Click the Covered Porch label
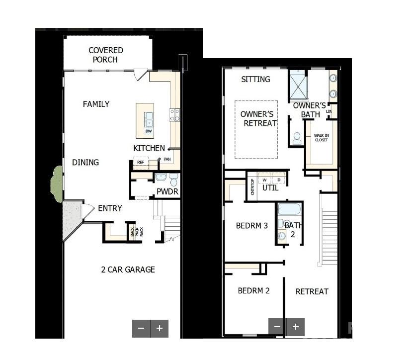pyautogui.click(x=106, y=55)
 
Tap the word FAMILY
pyautogui.click(x=96, y=104)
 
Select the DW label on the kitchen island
pyautogui.click(x=148, y=131)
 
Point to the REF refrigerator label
pyautogui.click(x=140, y=162)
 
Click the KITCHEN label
pyautogui.click(x=149, y=148)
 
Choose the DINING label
pyautogui.click(x=85, y=162)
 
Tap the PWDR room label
pyautogui.click(x=167, y=191)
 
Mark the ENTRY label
pyautogui.click(x=110, y=208)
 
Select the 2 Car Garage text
pyautogui.click(x=128, y=270)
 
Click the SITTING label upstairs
pyautogui.click(x=255, y=79)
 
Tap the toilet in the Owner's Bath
pyautogui.click(x=297, y=138)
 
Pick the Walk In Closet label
pyautogui.click(x=321, y=137)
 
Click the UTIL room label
pyautogui.click(x=270, y=188)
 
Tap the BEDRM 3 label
pyautogui.click(x=251, y=225)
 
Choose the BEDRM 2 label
pyautogui.click(x=253, y=290)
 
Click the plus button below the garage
pyautogui.click(x=160, y=328)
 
